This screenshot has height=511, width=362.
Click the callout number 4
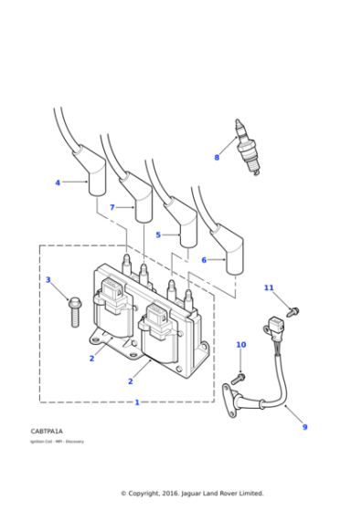(x=58, y=182)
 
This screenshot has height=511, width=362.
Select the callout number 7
(x=112, y=208)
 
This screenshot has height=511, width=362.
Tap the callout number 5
(x=157, y=235)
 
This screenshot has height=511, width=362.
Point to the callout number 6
(x=204, y=260)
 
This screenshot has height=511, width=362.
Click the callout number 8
(x=217, y=158)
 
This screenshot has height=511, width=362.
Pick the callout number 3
(x=48, y=280)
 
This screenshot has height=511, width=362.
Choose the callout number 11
(x=269, y=288)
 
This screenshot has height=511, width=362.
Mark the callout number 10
(x=241, y=345)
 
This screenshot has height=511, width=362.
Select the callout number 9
(x=304, y=426)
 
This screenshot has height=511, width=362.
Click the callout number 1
(x=137, y=402)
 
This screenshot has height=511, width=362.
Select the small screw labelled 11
(x=293, y=311)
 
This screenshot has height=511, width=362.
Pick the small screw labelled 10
(x=239, y=375)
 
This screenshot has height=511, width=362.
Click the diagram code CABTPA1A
(x=47, y=430)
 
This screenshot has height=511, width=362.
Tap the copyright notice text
(x=192, y=493)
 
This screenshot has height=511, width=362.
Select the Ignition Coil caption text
(x=57, y=441)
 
